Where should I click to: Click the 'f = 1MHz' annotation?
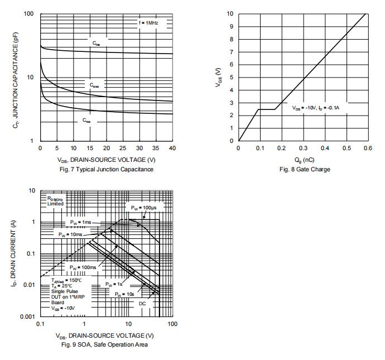point(148,23)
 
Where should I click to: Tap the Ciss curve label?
point(97,42)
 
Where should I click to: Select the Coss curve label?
point(95,85)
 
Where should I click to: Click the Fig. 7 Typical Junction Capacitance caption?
point(106,169)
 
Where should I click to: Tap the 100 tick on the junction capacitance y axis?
point(29,14)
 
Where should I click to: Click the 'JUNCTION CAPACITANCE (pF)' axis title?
point(16,77)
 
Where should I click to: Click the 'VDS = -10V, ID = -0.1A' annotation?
point(315,108)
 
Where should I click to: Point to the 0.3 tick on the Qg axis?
point(302,148)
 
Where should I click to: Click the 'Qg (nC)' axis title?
point(303,160)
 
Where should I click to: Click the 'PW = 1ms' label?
point(81,222)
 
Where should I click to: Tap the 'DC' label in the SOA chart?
point(142,303)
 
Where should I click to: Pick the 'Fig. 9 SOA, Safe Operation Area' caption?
point(106,344)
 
